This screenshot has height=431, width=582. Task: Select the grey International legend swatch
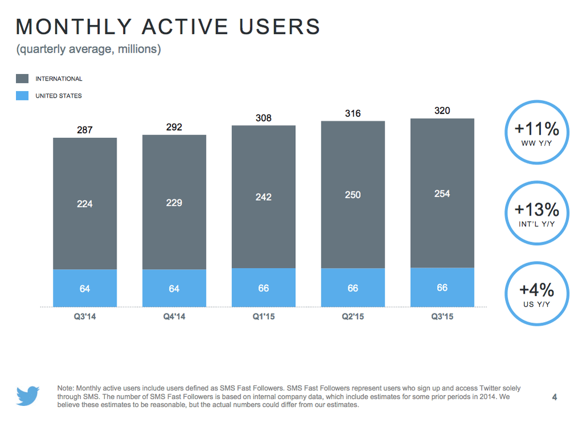coord(22,79)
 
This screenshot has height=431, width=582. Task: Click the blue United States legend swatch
coord(22,96)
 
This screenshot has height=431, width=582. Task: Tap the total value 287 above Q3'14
coord(85,131)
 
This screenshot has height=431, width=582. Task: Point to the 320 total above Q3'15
coord(442,111)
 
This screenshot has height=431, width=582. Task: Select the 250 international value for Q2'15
coord(353,195)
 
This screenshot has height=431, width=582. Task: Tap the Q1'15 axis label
coord(263,316)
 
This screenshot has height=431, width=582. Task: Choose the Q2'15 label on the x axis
coord(353,316)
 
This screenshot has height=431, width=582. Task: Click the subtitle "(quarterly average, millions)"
coord(88,50)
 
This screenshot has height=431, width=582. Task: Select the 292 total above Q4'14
coord(174,127)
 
